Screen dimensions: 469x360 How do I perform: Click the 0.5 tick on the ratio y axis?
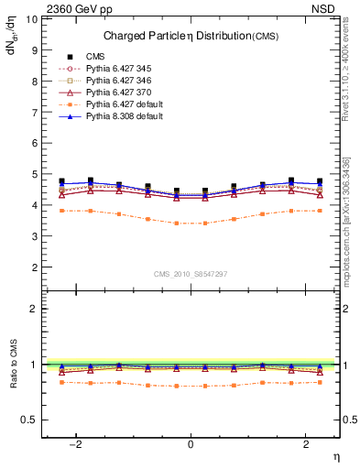(31, 420)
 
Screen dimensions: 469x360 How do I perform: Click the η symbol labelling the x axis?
(335, 456)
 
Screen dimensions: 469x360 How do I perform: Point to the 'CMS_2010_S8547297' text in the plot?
(191, 275)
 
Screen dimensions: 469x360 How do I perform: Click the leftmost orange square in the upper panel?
(62, 211)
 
